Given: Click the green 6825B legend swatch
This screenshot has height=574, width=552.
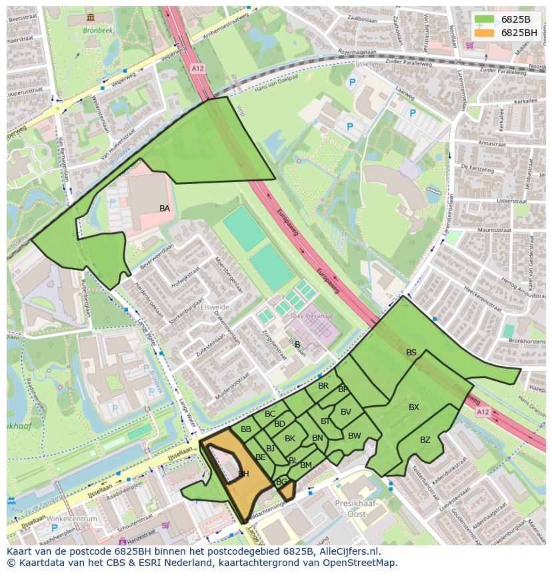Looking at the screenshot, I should pos(485,19).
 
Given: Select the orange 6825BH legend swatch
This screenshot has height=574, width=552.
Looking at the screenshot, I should pos(485,33).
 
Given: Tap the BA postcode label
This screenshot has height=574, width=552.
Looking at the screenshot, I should pos(165,209).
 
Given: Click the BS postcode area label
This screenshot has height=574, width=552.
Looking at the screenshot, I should pos(411,353).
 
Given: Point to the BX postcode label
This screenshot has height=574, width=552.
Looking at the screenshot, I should pos(414,407).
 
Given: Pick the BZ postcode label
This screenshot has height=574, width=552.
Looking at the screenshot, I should pos(425,440).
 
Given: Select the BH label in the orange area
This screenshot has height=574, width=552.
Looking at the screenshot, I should pos(243,474).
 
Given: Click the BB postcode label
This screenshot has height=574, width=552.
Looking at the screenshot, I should pos(246,429).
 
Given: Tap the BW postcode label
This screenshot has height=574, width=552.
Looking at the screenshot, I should pos(355,436).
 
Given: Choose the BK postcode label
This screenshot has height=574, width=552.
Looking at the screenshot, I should pos(290,439).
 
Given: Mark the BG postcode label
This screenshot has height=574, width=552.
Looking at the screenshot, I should pos(281,482).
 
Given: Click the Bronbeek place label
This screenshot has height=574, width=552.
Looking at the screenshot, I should pos(99,30).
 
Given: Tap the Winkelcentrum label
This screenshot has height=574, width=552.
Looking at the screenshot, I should pos(68,519).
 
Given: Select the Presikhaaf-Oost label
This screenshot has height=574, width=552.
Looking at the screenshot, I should pos(356,508).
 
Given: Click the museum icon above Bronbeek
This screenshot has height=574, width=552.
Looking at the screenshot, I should pos(91,17).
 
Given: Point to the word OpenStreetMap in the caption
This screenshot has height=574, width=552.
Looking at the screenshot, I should pos(361,563).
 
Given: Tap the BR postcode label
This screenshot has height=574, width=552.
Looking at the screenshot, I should pos(323,386).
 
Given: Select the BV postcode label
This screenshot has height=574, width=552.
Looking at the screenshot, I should pos(345,412).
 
